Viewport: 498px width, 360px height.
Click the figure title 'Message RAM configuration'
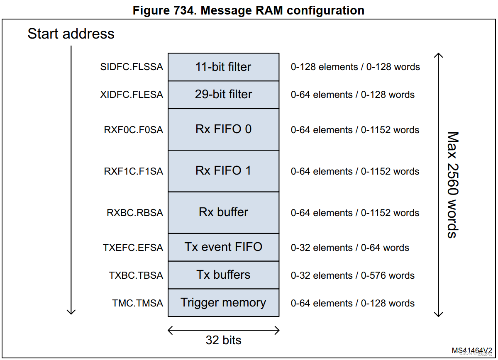tap(249, 10)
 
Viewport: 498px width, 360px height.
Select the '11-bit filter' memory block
tap(223, 67)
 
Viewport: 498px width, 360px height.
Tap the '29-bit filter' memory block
tap(223, 95)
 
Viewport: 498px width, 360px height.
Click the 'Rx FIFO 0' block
tap(223, 129)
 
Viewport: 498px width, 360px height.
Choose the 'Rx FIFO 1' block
tap(223, 171)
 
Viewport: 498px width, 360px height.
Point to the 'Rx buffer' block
tap(223, 212)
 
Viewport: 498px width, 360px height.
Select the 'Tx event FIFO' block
tap(223, 247)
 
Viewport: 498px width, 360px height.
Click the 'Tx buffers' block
tap(223, 275)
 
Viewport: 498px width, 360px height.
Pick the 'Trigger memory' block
tap(223, 303)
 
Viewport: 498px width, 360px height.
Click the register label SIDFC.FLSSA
tap(132, 67)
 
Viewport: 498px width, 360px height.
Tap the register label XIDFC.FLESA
tap(132, 95)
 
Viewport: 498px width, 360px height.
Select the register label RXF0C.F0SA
tap(133, 130)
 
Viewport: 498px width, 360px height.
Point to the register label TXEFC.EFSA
tap(133, 248)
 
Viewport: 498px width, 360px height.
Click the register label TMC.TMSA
tap(137, 304)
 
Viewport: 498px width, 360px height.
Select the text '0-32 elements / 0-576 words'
tap(352, 276)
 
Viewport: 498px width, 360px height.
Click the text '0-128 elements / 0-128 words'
tap(355, 67)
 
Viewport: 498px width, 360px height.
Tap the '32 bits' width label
tap(223, 341)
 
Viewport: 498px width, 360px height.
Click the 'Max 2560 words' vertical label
tap(453, 185)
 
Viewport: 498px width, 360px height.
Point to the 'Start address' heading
tap(71, 34)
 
